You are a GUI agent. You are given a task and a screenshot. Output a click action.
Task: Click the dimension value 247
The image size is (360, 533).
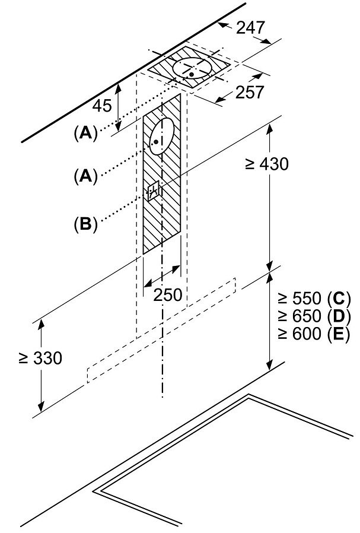pos(250,27)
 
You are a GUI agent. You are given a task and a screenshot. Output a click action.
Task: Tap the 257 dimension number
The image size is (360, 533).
pos(250,92)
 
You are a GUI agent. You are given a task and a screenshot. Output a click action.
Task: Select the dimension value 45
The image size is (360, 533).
pos(102,106)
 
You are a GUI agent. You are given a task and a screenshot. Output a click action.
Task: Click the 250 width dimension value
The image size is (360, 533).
pos(168,295)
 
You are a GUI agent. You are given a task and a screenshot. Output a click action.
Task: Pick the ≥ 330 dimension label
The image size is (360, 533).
pos(40,358)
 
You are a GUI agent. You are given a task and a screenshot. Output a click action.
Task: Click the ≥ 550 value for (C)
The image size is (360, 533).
pos(299,299)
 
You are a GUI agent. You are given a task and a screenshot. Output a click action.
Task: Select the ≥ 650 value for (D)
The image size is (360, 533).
pos(299,316)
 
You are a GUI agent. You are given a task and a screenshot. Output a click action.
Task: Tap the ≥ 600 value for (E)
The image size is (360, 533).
pos(299,334)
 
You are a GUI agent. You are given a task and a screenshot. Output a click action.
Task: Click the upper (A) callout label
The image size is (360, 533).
pos(85,133)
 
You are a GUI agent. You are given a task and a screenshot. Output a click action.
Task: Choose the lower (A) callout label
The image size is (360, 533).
pos(85,176)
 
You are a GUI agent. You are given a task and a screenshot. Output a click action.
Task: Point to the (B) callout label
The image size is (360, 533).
pos(85,224)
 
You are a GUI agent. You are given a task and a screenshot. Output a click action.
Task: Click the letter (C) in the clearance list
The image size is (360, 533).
pos(338,299)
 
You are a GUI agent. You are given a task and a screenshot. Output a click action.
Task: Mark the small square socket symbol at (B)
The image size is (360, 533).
pos(153,191)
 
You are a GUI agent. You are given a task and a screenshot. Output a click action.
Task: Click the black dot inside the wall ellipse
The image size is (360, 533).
pos(156,141)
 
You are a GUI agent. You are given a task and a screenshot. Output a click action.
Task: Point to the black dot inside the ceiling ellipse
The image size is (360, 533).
pos(192,74)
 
